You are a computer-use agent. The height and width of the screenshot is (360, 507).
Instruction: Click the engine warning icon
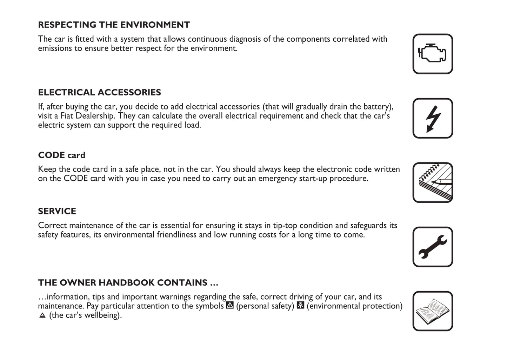432,54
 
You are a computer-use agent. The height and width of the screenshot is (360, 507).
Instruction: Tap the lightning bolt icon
432,118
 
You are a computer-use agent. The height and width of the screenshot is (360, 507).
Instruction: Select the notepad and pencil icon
432,182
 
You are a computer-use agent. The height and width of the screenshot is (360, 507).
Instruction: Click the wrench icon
432,247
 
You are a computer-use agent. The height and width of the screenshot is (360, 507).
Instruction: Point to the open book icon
432,311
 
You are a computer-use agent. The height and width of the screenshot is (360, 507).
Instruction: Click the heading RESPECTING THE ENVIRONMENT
114,25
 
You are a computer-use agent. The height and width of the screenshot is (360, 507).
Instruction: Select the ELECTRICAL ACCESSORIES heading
99,92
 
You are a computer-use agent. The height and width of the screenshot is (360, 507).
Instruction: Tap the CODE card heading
61,155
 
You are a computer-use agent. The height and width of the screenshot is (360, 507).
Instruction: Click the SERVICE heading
57,211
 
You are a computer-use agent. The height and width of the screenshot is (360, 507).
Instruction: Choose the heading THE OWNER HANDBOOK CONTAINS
128,283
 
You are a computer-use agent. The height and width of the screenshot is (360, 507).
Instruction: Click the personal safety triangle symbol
230,305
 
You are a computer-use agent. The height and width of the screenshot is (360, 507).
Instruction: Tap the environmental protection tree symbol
300,305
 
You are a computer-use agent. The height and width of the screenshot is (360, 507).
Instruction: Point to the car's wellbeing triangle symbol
42,315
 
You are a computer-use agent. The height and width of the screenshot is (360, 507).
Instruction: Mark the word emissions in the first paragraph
55,48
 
